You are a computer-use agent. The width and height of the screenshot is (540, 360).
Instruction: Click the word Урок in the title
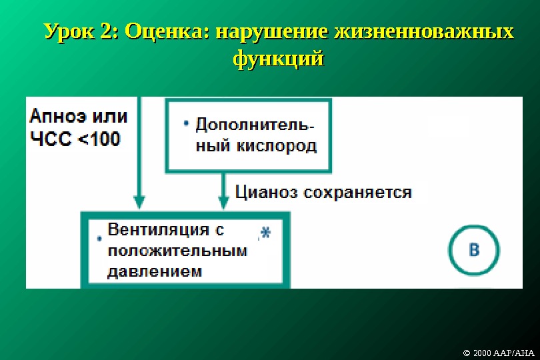pyautogui.click(x=71, y=32)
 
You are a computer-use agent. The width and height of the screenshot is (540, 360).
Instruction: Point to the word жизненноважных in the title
pyautogui.click(x=424, y=32)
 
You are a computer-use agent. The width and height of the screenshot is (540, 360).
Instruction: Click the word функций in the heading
pyautogui.click(x=278, y=59)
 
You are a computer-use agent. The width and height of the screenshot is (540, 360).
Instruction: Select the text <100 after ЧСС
pyautogui.click(x=99, y=139)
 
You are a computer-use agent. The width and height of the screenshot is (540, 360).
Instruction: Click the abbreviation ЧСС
pyautogui.click(x=52, y=139)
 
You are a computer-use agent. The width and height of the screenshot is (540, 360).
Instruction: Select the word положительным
pyautogui.click(x=177, y=251)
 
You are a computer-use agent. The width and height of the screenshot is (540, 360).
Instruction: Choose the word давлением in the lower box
pyautogui.click(x=155, y=271)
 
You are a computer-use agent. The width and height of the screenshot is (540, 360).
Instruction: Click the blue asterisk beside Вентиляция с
pyautogui.click(x=265, y=232)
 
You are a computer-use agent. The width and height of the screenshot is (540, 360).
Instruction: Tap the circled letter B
pyautogui.click(x=473, y=251)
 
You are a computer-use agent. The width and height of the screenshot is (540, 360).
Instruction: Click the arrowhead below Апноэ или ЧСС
pyautogui.click(x=139, y=201)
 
